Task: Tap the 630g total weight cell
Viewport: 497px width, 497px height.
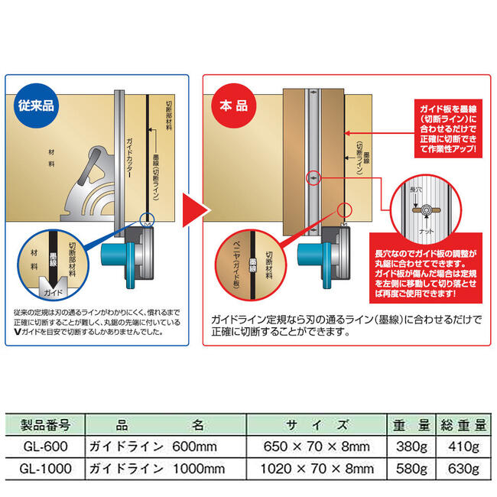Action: (466, 466)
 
